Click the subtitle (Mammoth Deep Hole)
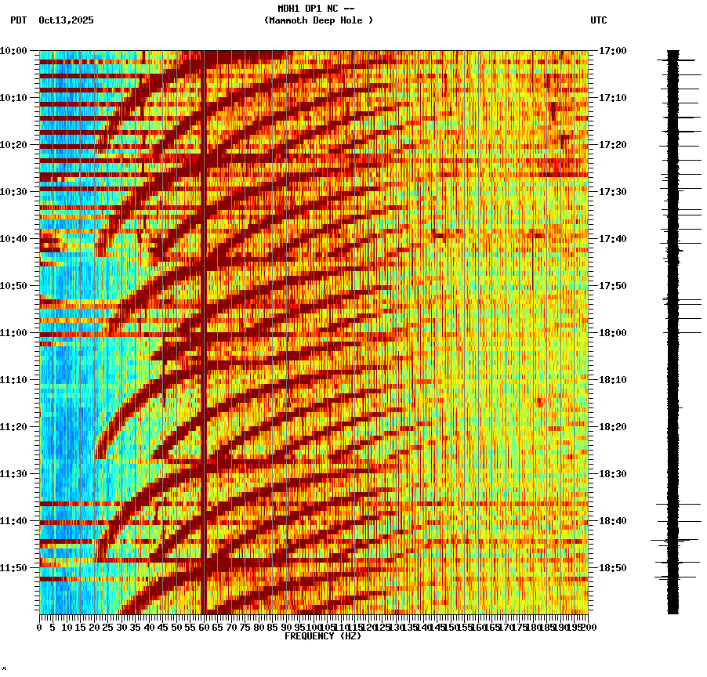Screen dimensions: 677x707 [318, 20]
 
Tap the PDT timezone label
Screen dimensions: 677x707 [18, 20]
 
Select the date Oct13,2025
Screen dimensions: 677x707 [66, 20]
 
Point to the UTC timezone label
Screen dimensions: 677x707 [598, 20]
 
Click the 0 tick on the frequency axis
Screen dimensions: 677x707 [40, 627]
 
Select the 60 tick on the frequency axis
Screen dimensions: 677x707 [204, 627]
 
